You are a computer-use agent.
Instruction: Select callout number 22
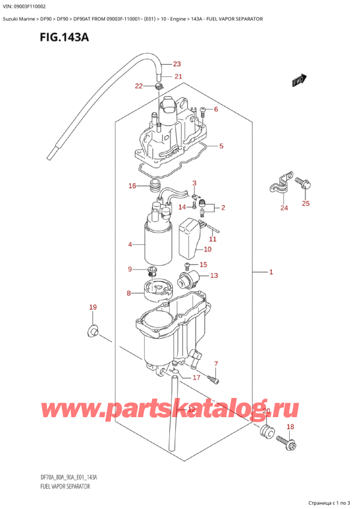coord(139,86)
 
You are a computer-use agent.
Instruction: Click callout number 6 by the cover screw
coord(216,109)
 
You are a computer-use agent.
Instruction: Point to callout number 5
coord(221,146)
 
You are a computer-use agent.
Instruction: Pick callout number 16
coord(133,186)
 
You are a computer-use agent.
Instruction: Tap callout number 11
coord(212,239)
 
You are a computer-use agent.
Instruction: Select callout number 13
coord(214,276)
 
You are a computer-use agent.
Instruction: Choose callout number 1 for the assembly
coord(271,273)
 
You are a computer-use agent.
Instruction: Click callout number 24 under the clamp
coord(284,209)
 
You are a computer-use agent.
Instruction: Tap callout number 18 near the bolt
coord(290,427)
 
